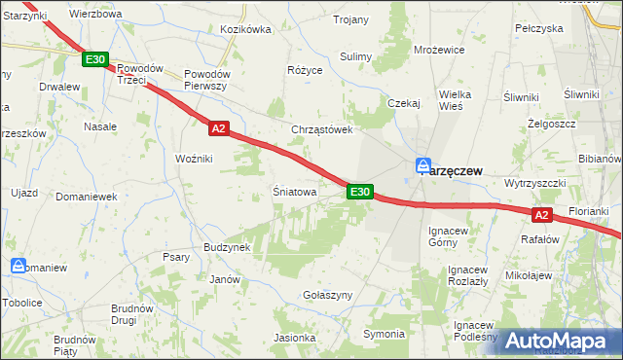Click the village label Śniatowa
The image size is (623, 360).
point(295,193)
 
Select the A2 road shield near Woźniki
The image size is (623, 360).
point(218,127)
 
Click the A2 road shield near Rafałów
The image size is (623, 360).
point(543,214)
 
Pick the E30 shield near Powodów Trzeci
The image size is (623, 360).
point(94,60)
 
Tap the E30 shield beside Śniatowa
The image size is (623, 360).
point(359,193)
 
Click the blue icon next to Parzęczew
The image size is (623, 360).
point(422,165)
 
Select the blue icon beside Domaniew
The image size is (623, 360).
point(18,266)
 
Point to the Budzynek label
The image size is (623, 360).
point(228,248)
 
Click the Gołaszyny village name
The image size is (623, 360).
point(326,294)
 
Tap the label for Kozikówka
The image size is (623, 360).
point(245,30)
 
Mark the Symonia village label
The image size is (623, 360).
point(384,334)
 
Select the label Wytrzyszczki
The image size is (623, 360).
point(535,183)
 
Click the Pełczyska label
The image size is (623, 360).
point(539,28)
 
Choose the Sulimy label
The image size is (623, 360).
point(356,56)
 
